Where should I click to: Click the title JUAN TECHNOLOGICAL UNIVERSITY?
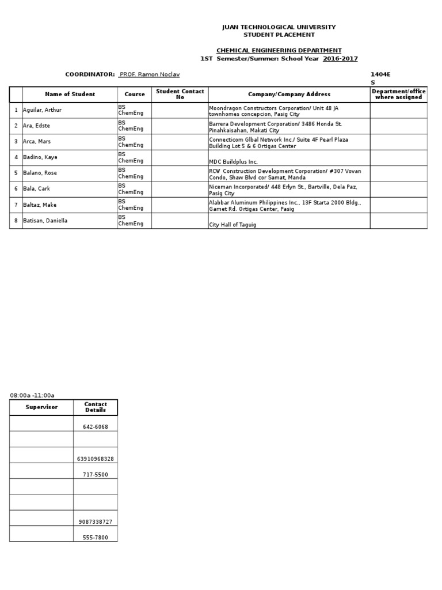click(279, 27)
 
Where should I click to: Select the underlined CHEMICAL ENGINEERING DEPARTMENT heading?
click(279, 51)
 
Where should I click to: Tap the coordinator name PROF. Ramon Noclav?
click(149, 74)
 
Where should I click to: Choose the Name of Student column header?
click(70, 94)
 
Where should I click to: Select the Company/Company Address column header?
click(289, 94)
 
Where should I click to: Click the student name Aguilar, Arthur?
click(42, 110)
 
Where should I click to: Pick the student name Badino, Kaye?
click(40, 157)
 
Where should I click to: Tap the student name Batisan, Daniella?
click(45, 221)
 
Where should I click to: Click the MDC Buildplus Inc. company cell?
click(233, 162)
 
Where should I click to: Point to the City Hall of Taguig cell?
click(233, 225)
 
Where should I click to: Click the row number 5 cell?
click(16, 173)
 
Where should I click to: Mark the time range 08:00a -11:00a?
click(32, 395)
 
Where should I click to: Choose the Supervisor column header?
click(41, 407)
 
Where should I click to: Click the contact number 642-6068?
click(96, 427)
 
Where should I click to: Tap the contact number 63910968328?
click(96, 459)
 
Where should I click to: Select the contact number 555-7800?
click(96, 538)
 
